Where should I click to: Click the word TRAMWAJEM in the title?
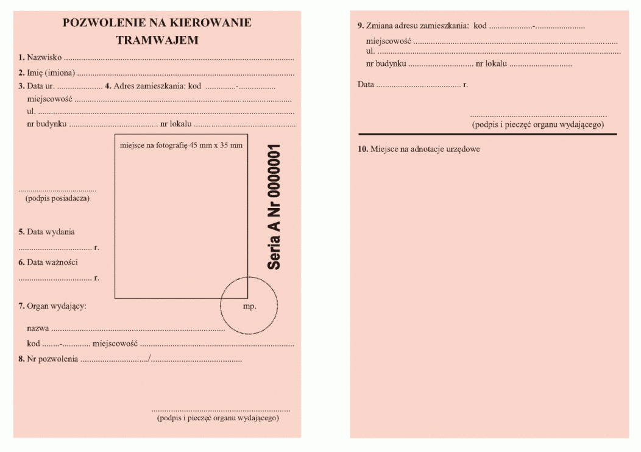(x=157, y=40)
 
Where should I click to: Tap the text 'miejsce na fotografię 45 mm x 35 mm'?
(x=182, y=145)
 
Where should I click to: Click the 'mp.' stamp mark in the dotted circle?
(x=249, y=306)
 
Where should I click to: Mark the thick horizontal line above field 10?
(x=487, y=134)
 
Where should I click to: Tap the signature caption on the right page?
(x=538, y=124)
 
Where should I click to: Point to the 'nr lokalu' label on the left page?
(x=176, y=124)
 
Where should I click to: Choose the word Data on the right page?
(x=366, y=84)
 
